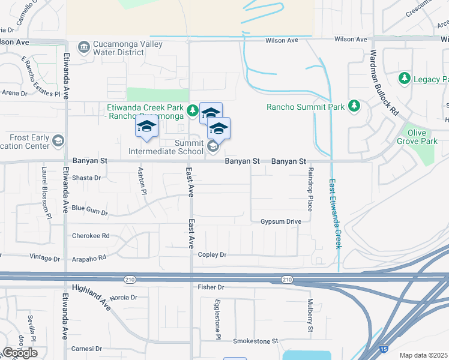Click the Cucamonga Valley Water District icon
(84, 46)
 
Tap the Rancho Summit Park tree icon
(354, 107)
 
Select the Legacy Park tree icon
(405, 79)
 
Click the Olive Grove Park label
(417, 137)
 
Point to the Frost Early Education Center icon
(58, 141)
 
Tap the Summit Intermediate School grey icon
(212, 146)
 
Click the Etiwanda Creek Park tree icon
(192, 109)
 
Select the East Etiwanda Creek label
(334, 214)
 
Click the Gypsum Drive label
(280, 221)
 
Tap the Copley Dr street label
(214, 254)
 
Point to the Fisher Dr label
(211, 287)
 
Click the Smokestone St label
(256, 341)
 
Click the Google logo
(20, 353)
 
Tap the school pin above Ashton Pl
(146, 128)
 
